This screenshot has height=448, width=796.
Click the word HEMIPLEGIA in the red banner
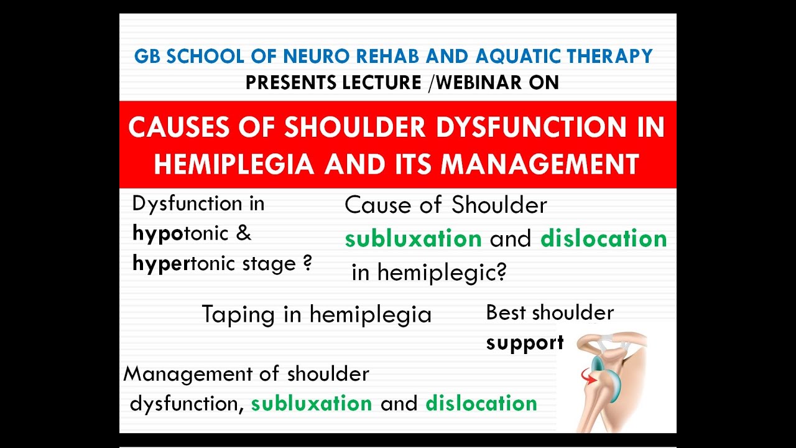[x=234, y=164]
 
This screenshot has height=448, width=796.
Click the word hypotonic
[x=180, y=234]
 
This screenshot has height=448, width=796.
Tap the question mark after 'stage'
[x=307, y=263]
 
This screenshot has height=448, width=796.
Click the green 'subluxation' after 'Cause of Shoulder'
[x=413, y=239]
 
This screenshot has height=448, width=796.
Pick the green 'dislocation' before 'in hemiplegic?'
[x=603, y=239]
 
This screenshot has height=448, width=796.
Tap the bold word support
[x=524, y=342]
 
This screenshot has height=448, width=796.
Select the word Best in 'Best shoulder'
[x=506, y=312]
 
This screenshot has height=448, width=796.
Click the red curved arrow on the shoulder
[x=587, y=376]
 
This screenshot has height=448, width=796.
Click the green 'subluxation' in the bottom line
[x=312, y=403]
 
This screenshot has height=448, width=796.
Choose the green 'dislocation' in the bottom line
[x=481, y=403]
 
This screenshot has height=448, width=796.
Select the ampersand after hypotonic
[x=244, y=234]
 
